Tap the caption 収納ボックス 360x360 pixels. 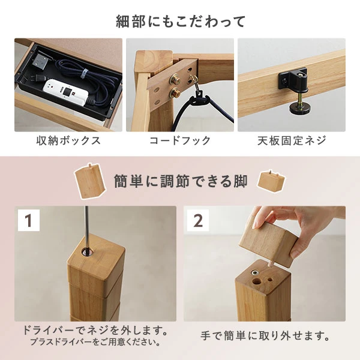point(67,141)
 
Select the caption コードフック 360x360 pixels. point(180,141)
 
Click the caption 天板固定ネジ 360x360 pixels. point(292,141)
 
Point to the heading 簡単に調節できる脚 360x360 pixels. point(180,181)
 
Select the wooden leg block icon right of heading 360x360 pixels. point(269,181)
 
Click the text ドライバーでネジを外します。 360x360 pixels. point(95,331)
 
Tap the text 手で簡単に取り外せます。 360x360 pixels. point(265,334)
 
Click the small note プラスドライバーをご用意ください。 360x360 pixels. point(95,343)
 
